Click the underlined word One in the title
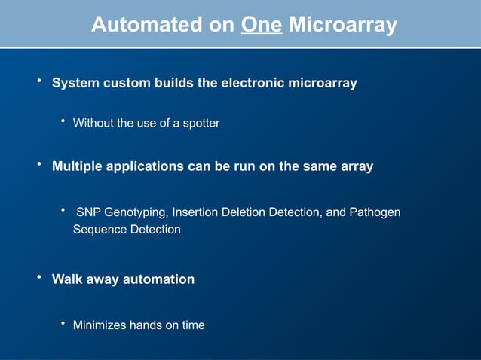[262, 26]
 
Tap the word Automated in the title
[147, 26]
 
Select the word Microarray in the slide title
[343, 26]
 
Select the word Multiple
[76, 166]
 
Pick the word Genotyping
[135, 213]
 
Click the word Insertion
[195, 213]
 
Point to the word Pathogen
[374, 213]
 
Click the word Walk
[66, 279]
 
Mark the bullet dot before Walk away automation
[39, 278]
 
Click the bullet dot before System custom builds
[39, 81]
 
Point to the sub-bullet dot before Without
[63, 121]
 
